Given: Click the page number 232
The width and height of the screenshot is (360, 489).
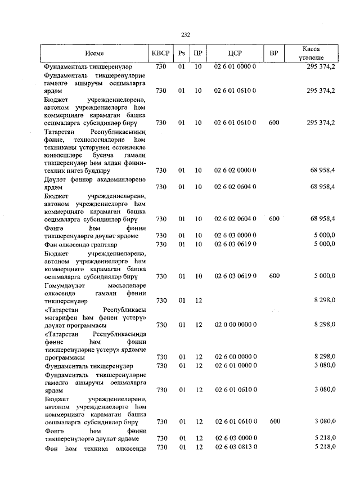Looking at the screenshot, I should [185, 34].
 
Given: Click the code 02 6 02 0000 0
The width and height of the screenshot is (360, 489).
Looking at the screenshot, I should [235, 170].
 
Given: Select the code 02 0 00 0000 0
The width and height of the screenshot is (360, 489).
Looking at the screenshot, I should [235, 325].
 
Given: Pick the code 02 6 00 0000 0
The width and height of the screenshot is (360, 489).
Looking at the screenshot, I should [235, 357].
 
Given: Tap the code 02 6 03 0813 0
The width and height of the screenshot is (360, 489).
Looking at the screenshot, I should [235, 447].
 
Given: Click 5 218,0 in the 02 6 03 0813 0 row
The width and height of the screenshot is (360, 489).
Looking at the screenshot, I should [325, 447].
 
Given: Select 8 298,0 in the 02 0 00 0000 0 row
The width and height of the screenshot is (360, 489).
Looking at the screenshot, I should [325, 325].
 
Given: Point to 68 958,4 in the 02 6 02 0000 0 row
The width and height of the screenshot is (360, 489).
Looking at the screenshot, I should [323, 170].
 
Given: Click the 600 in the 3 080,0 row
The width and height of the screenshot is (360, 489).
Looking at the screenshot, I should [274, 421].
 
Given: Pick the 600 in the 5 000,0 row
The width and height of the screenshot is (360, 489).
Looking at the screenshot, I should [274, 276].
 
